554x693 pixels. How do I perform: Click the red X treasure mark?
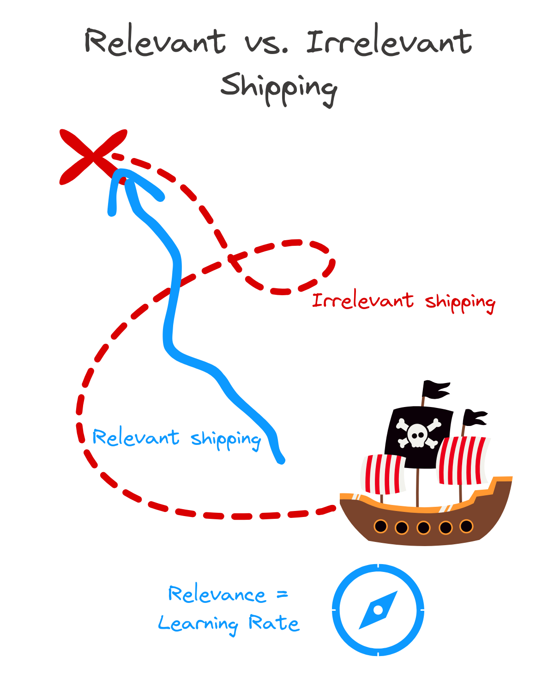coord(93,156)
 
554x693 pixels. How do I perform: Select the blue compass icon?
coord(378,610)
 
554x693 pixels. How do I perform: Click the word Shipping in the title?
coord(279,88)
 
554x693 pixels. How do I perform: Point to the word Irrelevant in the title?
coord(389,43)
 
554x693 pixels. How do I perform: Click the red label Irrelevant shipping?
coord(403,302)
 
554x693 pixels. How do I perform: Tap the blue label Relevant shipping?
coord(177,438)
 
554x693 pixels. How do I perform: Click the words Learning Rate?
coord(229,624)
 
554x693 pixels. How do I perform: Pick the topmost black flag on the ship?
coord(435,390)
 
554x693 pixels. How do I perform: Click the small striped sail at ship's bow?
coord(384,474)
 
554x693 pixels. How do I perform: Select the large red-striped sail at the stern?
coord(462,460)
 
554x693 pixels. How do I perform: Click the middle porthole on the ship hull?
coord(423,528)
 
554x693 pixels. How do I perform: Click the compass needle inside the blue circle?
coord(378,610)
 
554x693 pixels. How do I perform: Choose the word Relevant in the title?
coord(155,43)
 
